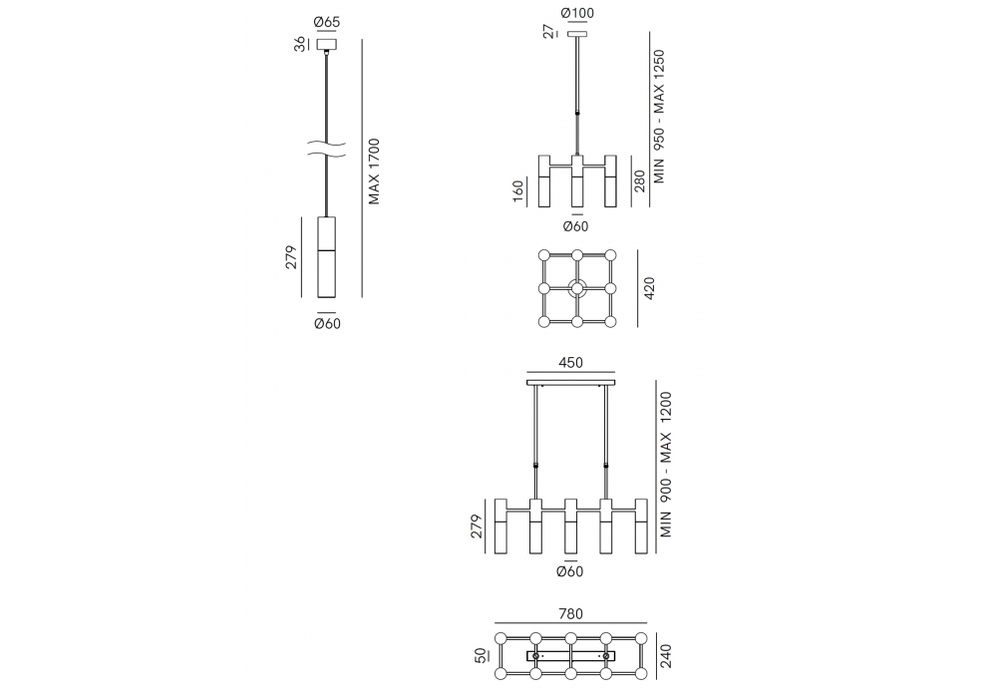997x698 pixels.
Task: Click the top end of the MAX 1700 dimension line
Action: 362,40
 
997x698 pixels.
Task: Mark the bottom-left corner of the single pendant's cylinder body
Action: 317,297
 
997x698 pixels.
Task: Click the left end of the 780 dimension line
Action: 495,623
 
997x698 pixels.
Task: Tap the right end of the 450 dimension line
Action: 615,373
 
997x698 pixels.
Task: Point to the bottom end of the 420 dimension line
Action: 637,327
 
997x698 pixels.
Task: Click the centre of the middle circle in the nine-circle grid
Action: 577,288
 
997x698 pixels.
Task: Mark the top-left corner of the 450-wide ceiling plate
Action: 527,380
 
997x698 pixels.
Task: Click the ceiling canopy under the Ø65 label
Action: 327,45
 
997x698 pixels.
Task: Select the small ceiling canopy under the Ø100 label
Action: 577,34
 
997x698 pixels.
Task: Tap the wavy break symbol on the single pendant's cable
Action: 327,149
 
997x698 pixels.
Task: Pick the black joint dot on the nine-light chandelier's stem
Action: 577,113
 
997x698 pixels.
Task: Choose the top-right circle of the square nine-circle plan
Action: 611,255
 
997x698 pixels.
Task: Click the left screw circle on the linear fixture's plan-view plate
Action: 536,655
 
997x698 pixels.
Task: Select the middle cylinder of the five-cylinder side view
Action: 570,525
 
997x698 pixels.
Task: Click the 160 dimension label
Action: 518,190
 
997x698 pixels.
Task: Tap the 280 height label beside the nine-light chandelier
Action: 640,180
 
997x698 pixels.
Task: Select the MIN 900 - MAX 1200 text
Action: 665,465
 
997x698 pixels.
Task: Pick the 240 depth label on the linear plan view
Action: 666,656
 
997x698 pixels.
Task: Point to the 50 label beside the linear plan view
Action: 481,655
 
